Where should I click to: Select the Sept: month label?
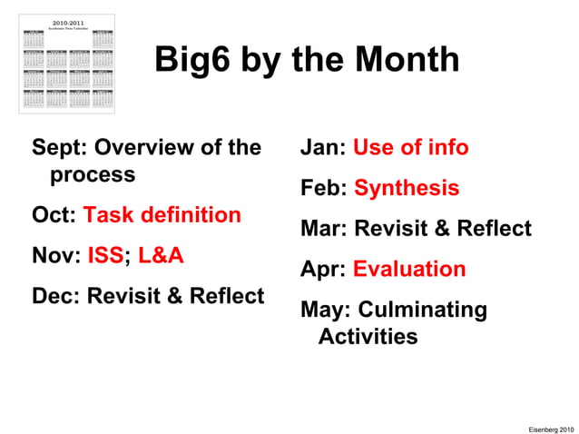[60, 147]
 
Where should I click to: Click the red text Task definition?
[162, 215]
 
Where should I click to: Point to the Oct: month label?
[54, 215]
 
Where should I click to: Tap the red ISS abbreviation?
[105, 256]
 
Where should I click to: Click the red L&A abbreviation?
[161, 256]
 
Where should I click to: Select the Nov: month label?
[56, 256]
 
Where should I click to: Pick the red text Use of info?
[410, 147]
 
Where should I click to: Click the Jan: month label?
[323, 147]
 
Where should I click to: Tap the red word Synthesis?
[407, 189]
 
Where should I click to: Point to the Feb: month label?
[324, 189]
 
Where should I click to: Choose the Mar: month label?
[324, 229]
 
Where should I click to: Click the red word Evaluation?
[409, 270]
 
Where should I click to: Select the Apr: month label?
[323, 270]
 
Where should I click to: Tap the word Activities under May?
[368, 337]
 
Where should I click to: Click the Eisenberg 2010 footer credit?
[550, 426]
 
